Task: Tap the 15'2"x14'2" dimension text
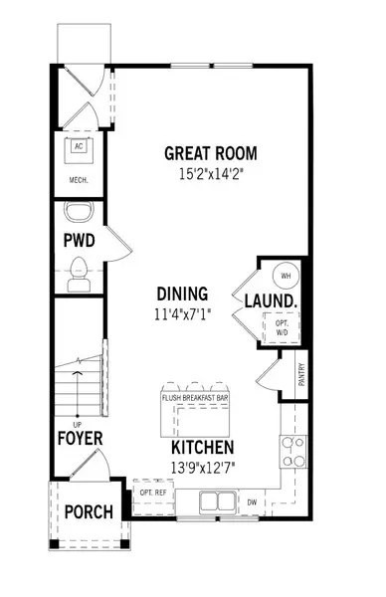point(210,172)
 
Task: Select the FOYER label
point(78,437)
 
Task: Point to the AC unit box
point(77,146)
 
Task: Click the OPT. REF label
point(151,491)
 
